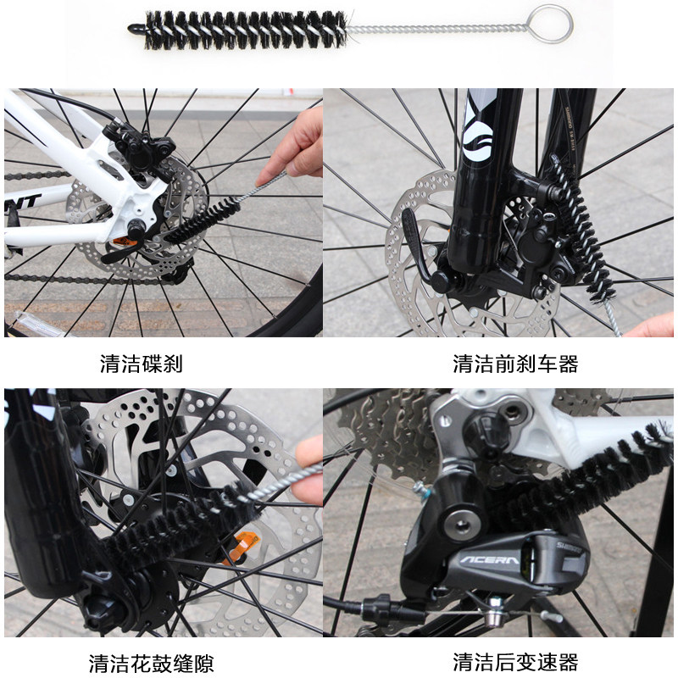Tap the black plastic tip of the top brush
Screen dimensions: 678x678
point(136,30)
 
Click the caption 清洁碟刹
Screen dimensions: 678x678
point(142,364)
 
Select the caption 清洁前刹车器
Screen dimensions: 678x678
point(515,364)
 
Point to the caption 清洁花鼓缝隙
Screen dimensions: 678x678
point(152,664)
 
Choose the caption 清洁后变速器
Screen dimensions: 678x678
point(515,662)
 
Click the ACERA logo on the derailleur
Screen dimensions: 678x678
point(490,561)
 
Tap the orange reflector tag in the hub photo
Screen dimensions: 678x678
point(242,546)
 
